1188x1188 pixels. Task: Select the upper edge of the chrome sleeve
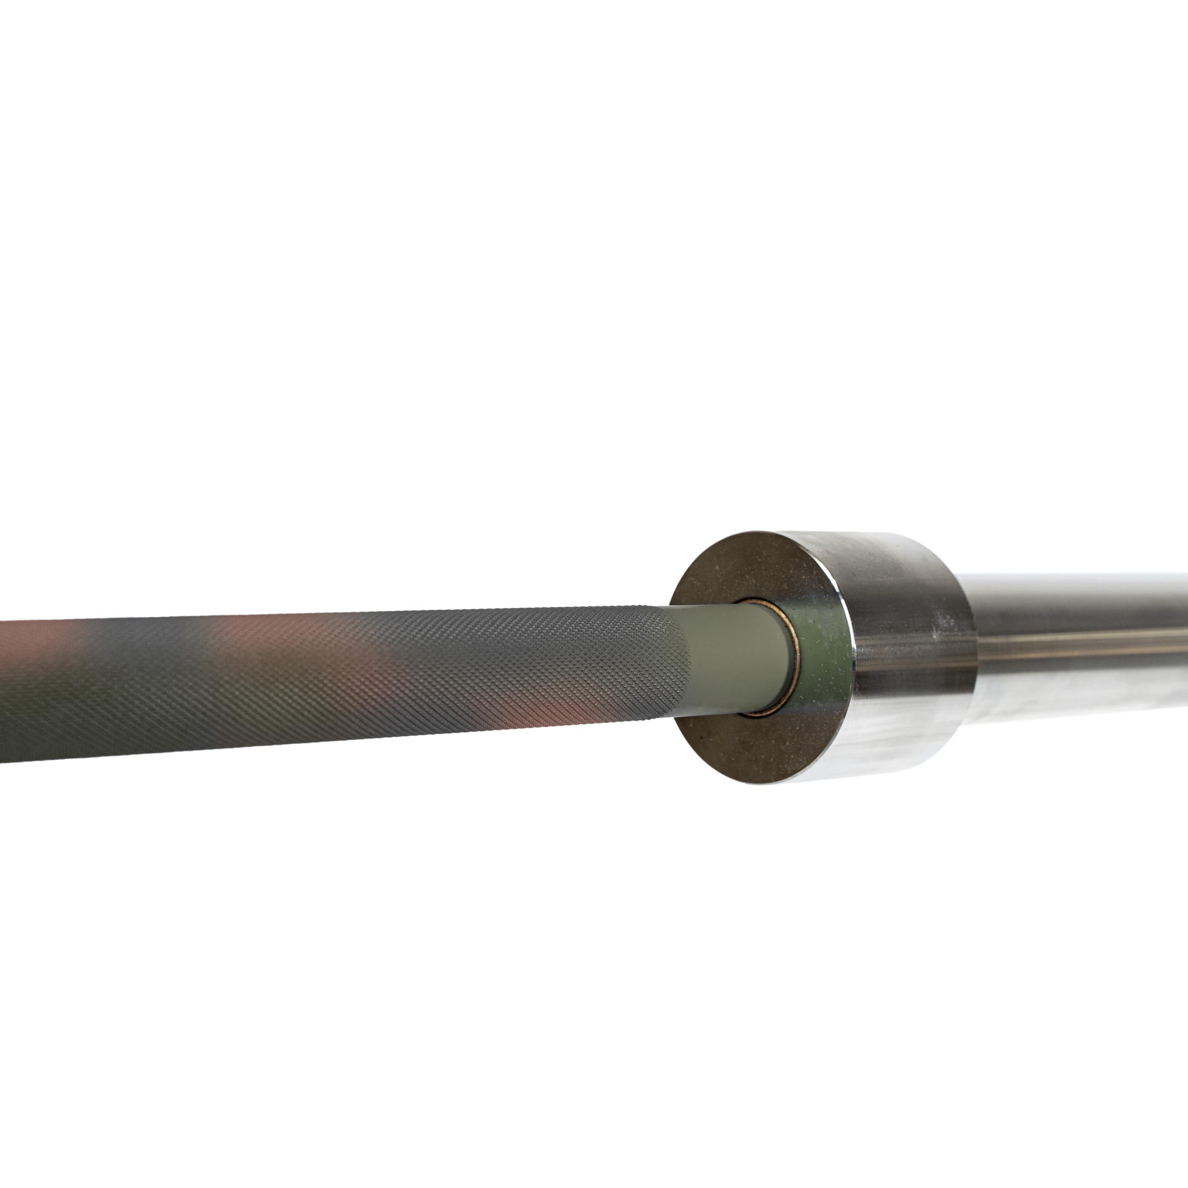pos(1076,576)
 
